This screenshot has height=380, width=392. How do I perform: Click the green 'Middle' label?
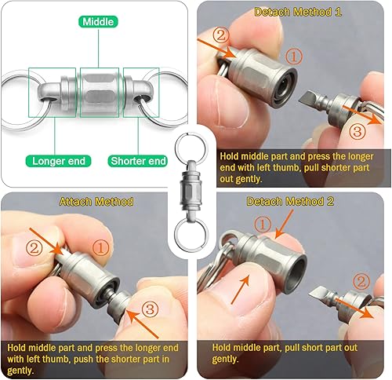tap(99, 23)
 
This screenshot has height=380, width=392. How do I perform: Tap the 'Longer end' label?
tap(59, 161)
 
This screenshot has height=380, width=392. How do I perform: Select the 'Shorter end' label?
tap(138, 161)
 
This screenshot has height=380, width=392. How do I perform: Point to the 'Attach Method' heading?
tap(96, 201)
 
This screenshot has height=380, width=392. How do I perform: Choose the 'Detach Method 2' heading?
tap(294, 201)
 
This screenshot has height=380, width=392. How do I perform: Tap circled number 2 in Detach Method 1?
tap(222, 35)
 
